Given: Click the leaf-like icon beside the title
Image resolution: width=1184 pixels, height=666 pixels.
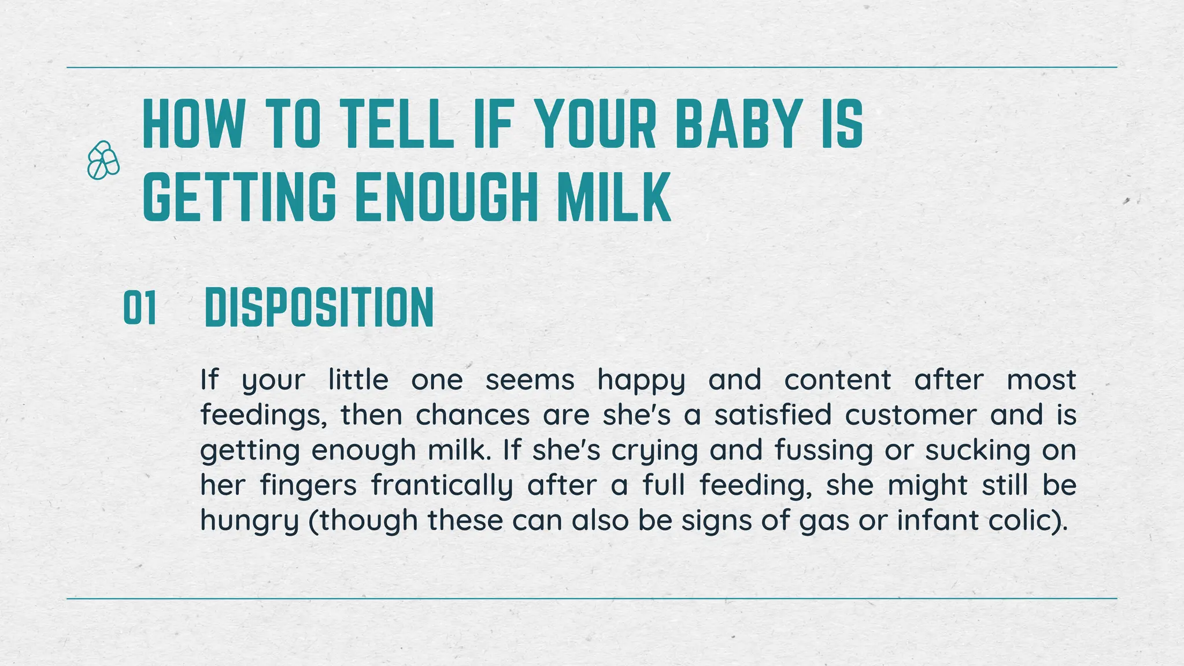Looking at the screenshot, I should tap(103, 160).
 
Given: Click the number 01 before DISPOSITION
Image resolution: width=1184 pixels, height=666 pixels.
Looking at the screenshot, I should tap(140, 309).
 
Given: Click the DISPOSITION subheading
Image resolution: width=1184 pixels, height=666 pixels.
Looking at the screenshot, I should tap(319, 308).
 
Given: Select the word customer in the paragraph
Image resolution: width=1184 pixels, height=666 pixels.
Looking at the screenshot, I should tap(910, 416).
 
